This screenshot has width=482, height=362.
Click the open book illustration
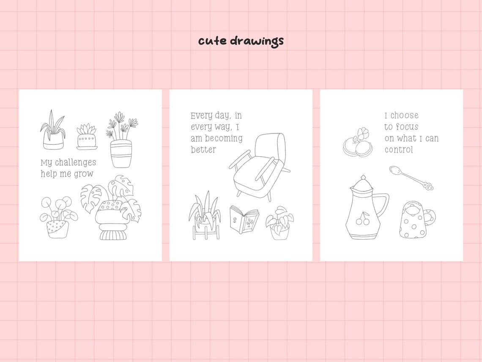click(244, 219)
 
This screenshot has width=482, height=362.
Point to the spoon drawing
click(411, 177)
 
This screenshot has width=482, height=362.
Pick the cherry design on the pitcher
click(362, 218)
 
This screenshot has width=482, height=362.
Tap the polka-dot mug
click(415, 219)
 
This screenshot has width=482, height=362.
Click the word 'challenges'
click(75, 163)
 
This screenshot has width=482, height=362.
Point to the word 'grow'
click(84, 174)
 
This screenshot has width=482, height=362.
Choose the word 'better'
click(203, 150)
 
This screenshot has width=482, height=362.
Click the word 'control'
click(399, 150)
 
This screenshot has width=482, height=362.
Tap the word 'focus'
click(407, 127)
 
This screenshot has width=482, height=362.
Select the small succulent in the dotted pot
click(87, 136)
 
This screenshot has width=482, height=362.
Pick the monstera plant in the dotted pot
click(112, 207)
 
